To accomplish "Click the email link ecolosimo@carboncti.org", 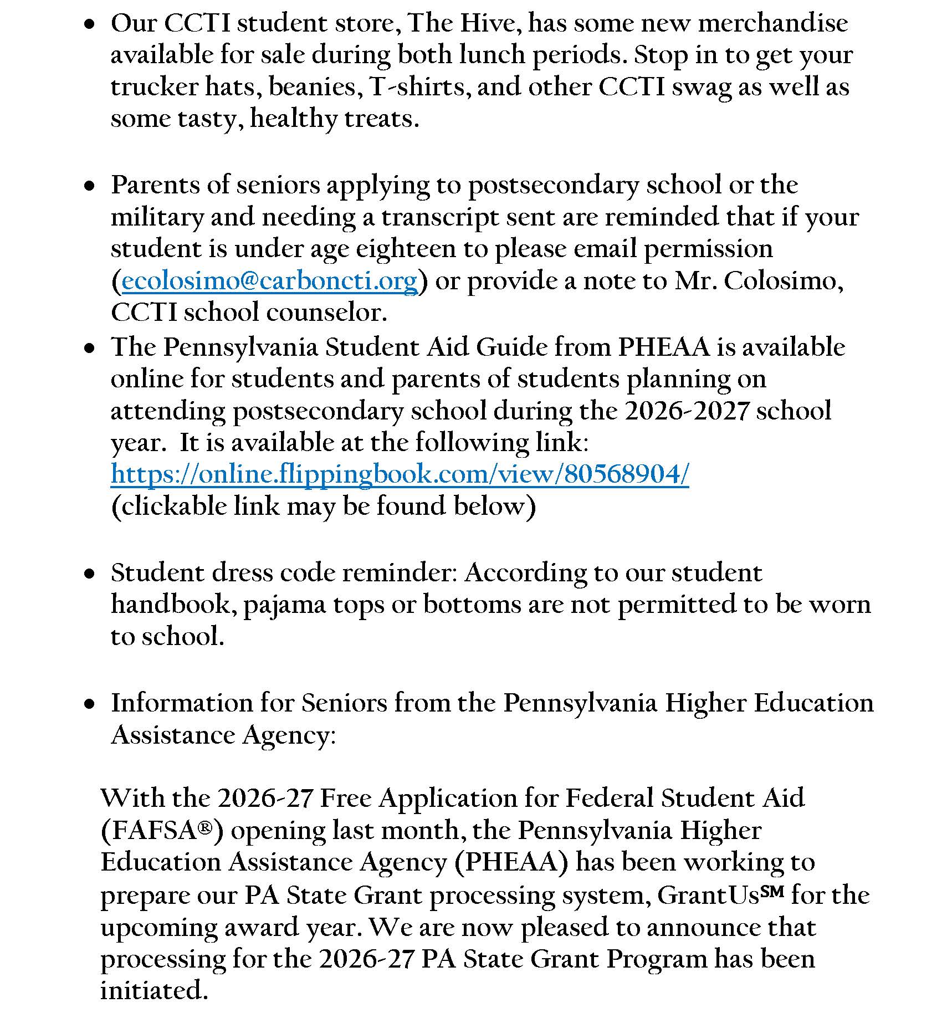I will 269,281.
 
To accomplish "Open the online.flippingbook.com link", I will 400,474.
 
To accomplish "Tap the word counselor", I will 326,313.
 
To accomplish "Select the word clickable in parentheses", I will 170,506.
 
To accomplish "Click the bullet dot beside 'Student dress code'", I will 89,576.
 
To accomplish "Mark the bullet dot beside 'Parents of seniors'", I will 89,188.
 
